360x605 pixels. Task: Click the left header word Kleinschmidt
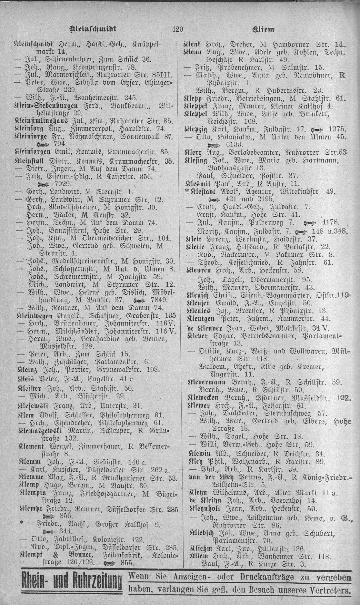coord(93,29)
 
